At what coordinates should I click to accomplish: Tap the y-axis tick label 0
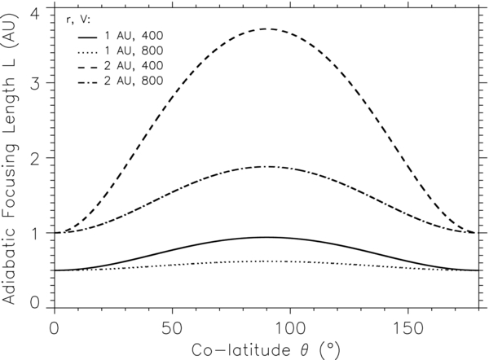[34, 302]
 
